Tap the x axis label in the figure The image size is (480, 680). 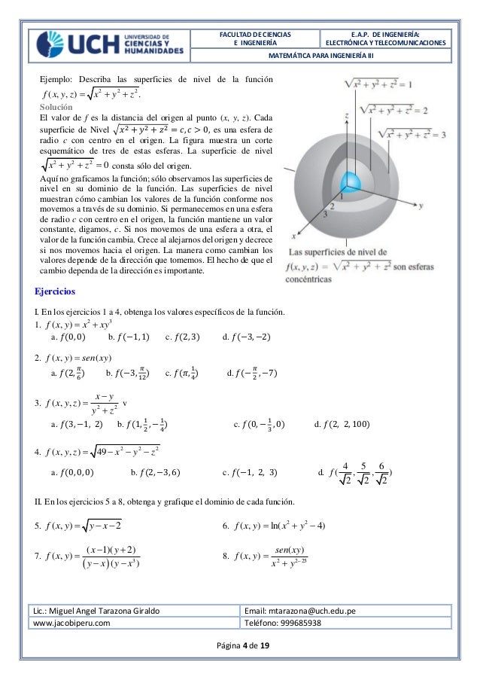click(293, 236)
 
